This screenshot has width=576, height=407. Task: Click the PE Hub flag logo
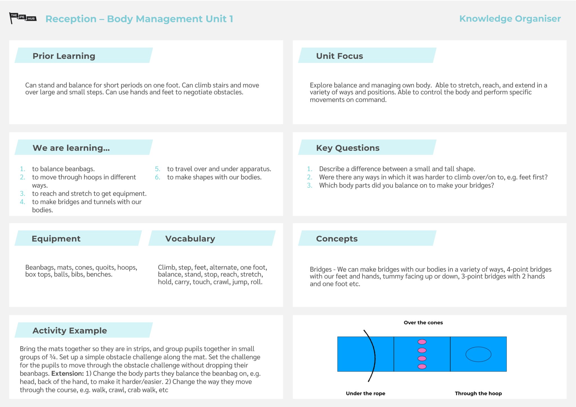click(x=23, y=18)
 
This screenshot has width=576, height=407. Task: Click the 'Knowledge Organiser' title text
click(x=510, y=19)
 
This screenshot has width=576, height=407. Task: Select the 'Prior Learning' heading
click(x=64, y=56)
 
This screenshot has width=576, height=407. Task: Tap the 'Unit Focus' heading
click(x=339, y=56)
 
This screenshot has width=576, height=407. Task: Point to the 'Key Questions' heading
click(x=348, y=148)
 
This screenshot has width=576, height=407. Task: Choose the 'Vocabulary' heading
click(x=190, y=239)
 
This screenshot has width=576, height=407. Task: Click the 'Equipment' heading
click(x=56, y=239)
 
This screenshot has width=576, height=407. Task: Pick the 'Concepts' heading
click(x=337, y=239)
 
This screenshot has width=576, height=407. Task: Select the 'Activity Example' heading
click(x=70, y=330)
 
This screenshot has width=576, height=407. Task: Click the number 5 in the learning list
click(x=157, y=169)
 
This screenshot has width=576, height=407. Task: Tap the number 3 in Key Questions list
click(x=309, y=185)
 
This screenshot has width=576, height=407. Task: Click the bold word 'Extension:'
click(x=67, y=374)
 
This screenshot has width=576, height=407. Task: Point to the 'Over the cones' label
click(x=423, y=323)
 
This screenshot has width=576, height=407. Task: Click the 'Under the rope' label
click(x=365, y=393)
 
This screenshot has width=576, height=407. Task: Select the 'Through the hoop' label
click(x=478, y=393)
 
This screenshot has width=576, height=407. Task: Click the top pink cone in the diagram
click(x=422, y=342)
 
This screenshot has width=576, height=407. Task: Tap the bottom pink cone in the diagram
click(x=422, y=366)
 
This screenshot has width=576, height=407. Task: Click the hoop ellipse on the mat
click(x=478, y=354)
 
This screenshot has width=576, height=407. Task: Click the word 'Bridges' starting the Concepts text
click(x=320, y=269)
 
